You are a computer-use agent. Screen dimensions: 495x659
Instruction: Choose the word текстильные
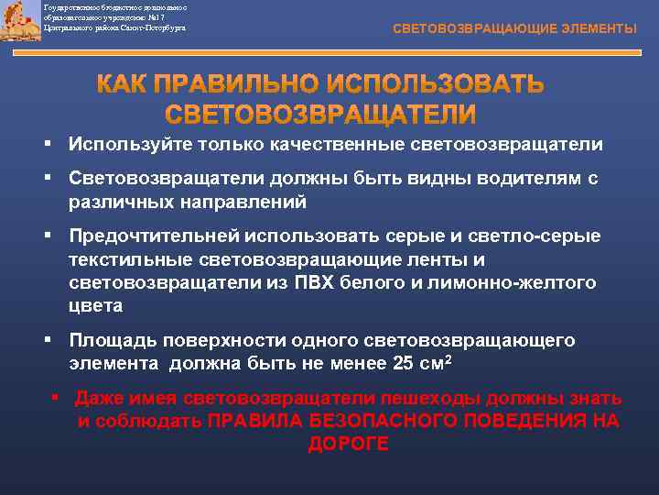(134, 259)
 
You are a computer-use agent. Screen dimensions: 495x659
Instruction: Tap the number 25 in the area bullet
(402, 364)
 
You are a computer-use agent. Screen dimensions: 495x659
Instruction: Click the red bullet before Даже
(56, 398)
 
